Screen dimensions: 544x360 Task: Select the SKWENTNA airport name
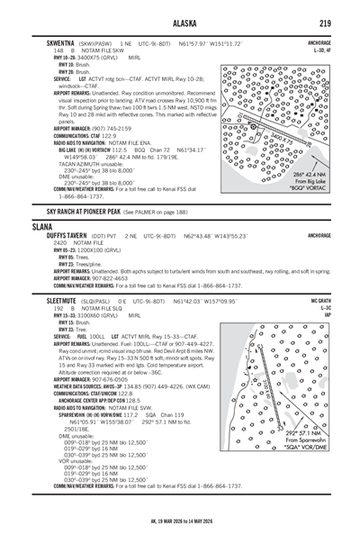point(55,42)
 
